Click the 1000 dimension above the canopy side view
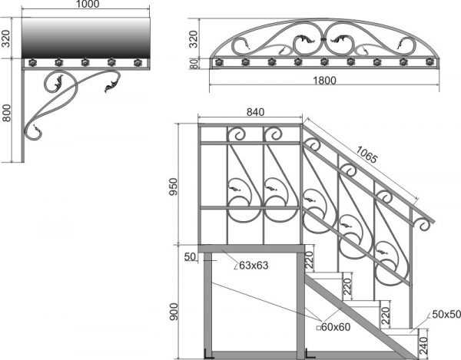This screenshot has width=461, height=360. click(88, 4)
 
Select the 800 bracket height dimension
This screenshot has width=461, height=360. click(6, 113)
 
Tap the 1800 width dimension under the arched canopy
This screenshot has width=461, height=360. click(324, 80)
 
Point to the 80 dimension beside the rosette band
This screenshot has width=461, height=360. click(194, 63)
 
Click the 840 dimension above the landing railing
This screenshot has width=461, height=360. click(255, 112)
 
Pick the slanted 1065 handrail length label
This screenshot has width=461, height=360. click(366, 154)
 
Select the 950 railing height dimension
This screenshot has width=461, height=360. click(174, 187)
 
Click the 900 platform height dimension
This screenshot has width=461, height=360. click(174, 312)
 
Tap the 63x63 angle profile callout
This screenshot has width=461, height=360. click(251, 265)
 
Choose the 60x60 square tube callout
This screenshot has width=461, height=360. click(333, 327)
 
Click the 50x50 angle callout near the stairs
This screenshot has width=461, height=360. click(444, 315)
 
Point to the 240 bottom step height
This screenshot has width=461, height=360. click(423, 345)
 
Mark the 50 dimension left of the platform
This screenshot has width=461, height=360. click(190, 256)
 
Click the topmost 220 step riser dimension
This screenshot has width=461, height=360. click(310, 260)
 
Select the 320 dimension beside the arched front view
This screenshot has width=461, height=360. click(193, 39)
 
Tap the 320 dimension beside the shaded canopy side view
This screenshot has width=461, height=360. click(6, 38)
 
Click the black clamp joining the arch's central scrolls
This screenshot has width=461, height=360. click(323, 39)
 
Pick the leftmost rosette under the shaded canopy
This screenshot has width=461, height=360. click(32, 62)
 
